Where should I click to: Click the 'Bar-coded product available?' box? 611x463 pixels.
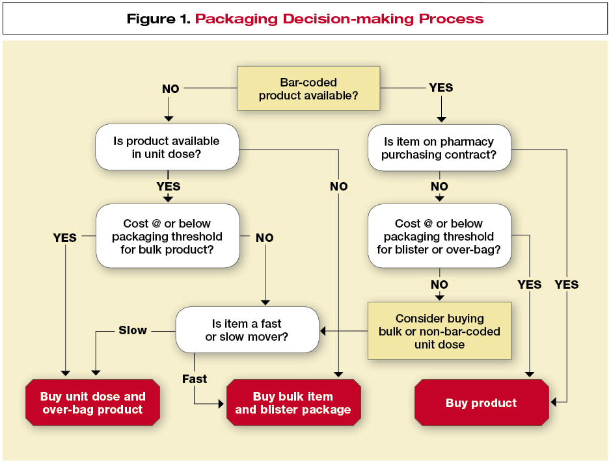click(x=308, y=89)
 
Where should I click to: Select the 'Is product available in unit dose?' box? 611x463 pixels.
click(x=167, y=148)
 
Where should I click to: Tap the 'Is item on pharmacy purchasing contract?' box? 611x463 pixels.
click(x=439, y=148)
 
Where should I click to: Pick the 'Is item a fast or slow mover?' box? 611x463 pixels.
click(x=247, y=330)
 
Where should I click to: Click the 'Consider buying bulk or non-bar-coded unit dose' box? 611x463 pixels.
click(x=439, y=331)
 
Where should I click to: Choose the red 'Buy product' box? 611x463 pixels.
click(x=481, y=403)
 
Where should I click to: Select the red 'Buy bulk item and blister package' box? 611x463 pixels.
click(x=293, y=403)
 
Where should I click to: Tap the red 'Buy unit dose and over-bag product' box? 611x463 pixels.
click(x=92, y=403)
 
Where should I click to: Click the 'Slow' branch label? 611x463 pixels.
click(x=133, y=330)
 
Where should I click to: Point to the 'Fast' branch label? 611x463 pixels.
click(x=195, y=378)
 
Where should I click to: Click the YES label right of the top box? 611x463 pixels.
click(x=441, y=88)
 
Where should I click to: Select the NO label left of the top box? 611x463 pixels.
click(x=170, y=88)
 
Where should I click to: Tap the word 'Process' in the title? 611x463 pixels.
click(x=452, y=18)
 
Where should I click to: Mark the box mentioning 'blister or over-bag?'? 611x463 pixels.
click(x=439, y=237)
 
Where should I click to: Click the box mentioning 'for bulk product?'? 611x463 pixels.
click(x=167, y=237)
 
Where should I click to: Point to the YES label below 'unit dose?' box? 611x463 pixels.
click(x=169, y=187)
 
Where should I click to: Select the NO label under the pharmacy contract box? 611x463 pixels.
click(x=439, y=187)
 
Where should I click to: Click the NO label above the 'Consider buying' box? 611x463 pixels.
click(x=439, y=284)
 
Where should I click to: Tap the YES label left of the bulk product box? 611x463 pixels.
click(x=64, y=238)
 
